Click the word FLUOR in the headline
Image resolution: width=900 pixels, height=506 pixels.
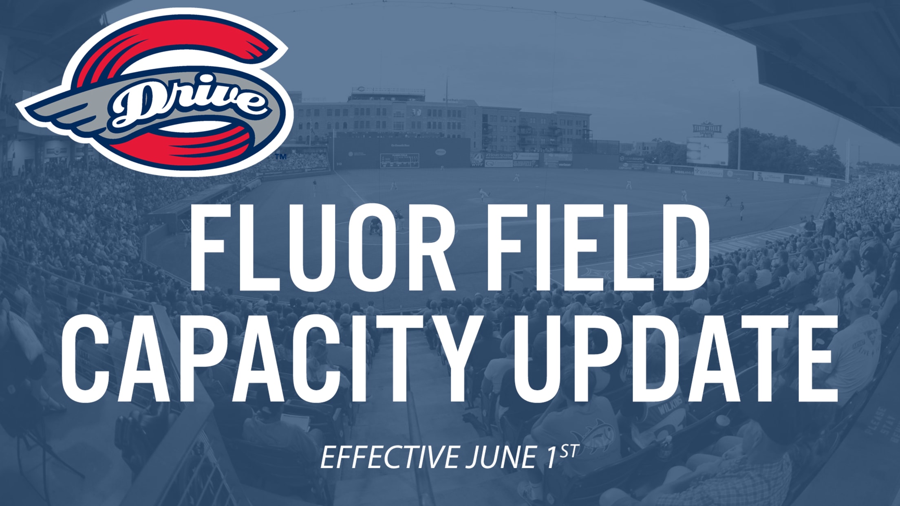tap(322, 247)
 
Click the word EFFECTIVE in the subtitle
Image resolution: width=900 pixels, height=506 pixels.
tap(390, 458)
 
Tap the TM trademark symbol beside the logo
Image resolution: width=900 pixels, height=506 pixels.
tap(281, 156)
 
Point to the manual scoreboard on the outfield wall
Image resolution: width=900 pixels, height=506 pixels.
tap(399, 160)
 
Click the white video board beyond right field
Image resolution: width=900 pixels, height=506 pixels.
tap(707, 150)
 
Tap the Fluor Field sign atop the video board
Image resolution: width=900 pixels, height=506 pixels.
tap(707, 129)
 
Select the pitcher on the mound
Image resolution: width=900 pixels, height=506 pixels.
tap(482, 194)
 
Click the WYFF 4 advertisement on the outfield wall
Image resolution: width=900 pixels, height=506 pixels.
tap(477, 160)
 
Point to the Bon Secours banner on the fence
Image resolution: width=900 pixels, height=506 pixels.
tap(709, 172)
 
